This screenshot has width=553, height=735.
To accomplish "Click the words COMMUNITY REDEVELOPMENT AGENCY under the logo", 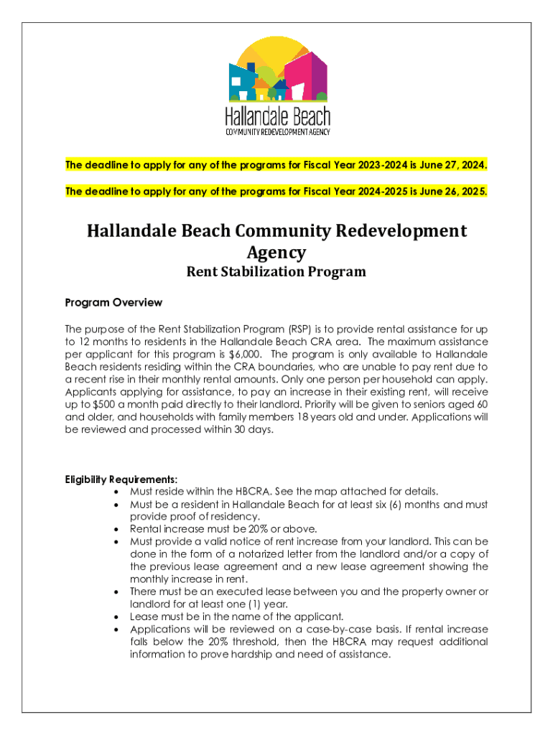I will pos(277,132).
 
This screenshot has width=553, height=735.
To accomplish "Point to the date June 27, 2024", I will pos(455,165).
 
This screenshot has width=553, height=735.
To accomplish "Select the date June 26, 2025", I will pos(455,192).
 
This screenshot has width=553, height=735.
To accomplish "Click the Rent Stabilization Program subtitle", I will pos(276,272).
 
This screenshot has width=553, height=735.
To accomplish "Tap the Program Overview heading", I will pos(113,302).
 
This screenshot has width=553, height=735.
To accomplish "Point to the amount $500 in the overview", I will pos(121,405).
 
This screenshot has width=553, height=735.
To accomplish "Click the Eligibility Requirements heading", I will pos(121,479).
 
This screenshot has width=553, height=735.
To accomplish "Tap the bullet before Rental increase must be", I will pos(117,529).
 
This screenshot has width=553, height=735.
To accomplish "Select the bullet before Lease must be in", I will pos(117,617).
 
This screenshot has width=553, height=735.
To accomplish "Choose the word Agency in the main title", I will pos(276,252).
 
